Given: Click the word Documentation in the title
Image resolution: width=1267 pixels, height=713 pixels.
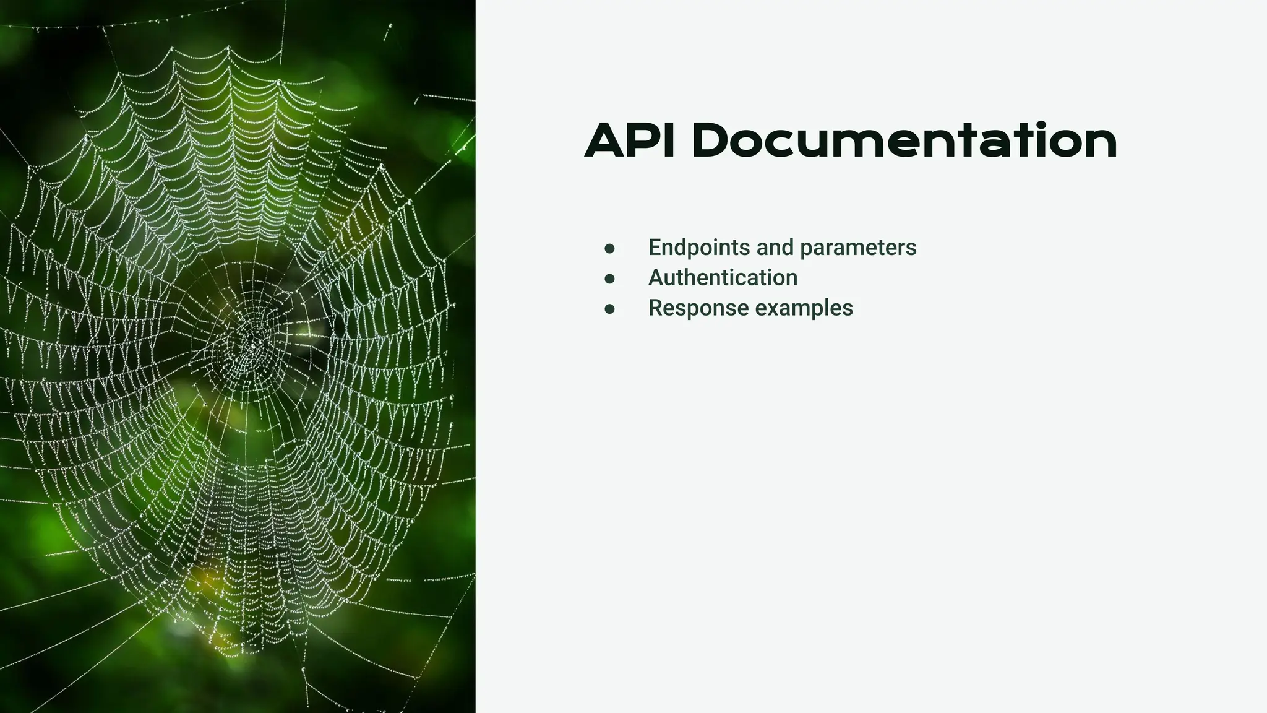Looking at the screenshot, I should coord(904,141).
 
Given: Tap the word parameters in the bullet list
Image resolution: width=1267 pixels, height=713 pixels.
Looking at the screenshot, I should coord(858,248).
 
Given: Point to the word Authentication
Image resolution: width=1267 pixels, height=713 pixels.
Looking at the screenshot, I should coord(723,278).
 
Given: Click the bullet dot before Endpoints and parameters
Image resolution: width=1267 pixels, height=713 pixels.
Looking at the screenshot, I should coord(610,249).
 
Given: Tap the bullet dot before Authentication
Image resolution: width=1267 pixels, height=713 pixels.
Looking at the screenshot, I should coord(610,279).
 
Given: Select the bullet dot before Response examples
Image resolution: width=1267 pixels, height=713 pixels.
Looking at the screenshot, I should coord(610,309).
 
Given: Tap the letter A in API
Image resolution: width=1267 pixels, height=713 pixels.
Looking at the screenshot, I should coord(607,141).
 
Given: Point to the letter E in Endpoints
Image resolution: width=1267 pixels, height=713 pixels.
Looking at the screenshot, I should coord(655,248).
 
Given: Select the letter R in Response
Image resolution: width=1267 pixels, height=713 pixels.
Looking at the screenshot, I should coord(655,308).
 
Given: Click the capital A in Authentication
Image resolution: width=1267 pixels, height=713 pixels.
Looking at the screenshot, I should coord(656,278).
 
